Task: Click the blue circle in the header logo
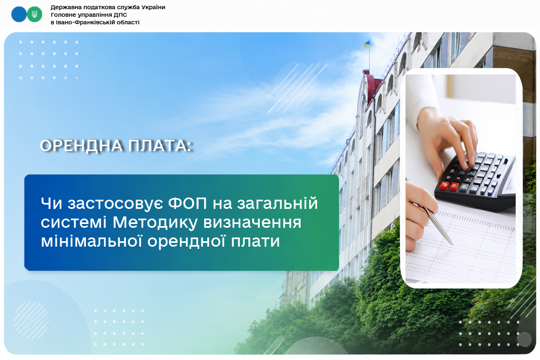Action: point(19,15)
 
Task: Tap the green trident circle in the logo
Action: point(35,15)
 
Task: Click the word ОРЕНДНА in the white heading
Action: point(82,146)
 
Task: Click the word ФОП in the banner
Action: point(188,203)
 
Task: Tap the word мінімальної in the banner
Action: point(92,241)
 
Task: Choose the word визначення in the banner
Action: point(252,222)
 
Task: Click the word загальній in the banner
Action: point(273,203)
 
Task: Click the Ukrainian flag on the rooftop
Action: point(367,44)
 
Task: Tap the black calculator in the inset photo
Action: point(475,181)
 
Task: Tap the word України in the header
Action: point(153,7)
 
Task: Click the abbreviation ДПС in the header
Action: point(120,15)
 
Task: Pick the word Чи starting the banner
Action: point(52,203)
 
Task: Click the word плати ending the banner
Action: point(255,241)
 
